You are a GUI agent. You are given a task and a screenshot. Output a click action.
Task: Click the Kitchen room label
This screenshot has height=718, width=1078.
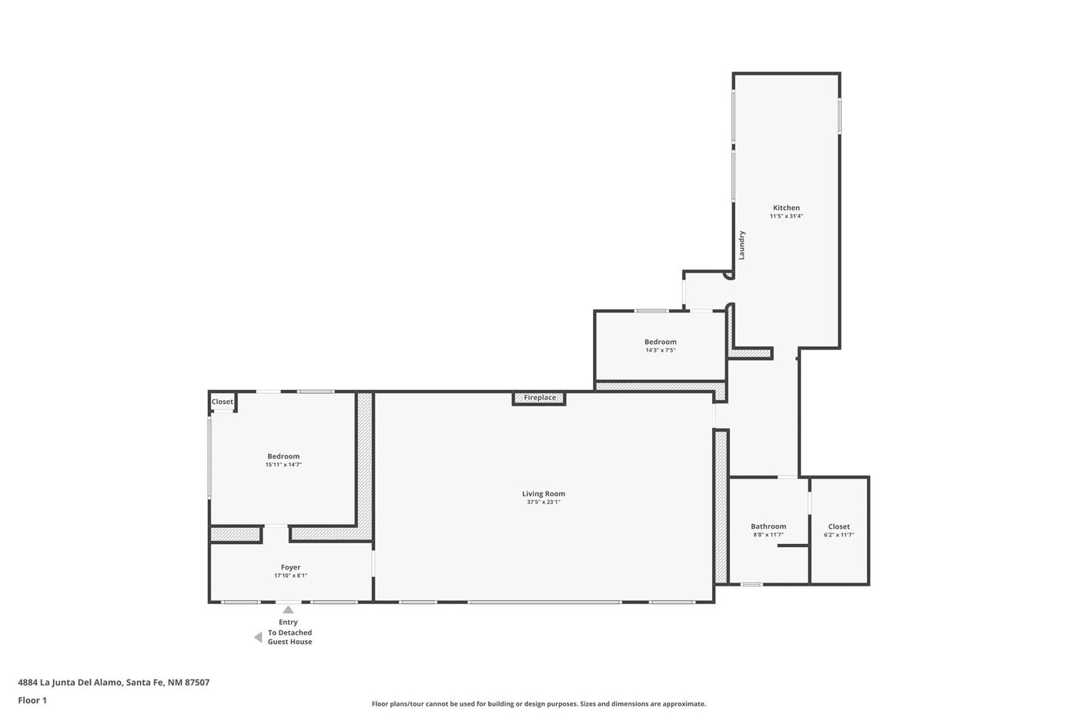point(786,208)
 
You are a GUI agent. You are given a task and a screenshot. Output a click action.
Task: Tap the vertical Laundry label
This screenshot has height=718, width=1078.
point(742,245)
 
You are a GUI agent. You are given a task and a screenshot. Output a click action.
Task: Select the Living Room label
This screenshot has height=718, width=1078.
point(544,493)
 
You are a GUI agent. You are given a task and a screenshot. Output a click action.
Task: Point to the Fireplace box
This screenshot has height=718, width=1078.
point(539,398)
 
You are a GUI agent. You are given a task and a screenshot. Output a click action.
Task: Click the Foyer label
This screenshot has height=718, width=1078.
point(291,567)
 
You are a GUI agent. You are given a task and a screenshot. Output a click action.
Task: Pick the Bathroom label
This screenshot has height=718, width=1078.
point(768,526)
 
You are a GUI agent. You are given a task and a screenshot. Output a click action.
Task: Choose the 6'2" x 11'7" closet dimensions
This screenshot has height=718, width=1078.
point(839,535)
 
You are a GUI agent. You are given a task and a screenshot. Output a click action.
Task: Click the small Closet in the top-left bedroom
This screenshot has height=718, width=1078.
point(223,402)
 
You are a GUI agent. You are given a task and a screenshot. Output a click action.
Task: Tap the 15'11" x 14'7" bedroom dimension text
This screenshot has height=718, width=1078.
point(283,465)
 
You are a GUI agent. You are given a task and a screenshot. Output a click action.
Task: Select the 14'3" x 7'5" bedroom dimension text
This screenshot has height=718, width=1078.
point(661,350)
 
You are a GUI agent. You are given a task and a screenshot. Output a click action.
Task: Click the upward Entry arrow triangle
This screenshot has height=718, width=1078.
point(288,609)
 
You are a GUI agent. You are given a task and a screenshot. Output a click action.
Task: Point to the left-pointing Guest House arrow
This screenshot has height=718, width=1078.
point(258,638)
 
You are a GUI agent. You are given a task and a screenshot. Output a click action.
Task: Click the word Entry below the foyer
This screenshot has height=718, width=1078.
point(288,623)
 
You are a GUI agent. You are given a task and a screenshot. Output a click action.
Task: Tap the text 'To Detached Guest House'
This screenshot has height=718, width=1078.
point(290,637)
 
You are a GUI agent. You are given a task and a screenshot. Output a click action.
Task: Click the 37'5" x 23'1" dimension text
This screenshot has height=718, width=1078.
point(544,502)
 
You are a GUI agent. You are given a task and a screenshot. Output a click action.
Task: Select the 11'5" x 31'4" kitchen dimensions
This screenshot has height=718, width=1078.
point(786,216)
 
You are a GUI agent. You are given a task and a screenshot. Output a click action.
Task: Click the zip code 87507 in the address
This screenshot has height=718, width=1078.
point(197,683)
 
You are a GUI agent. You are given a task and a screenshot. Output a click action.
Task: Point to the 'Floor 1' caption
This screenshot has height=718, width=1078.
point(32,700)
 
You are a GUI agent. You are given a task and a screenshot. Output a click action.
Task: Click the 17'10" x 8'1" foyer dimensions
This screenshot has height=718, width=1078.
point(291,576)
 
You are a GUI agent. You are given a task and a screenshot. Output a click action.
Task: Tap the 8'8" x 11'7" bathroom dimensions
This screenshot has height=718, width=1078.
point(768,535)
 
